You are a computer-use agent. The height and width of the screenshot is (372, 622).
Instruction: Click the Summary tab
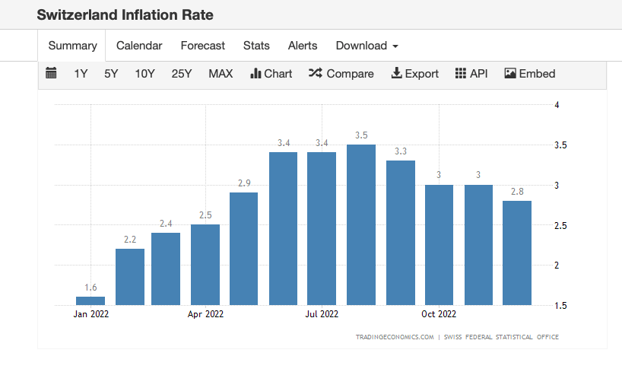point(72,46)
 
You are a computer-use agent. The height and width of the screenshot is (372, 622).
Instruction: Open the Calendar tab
point(139,46)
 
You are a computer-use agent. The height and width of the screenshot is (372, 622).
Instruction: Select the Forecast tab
point(202,46)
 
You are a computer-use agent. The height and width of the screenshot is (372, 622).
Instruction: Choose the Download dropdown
point(367,46)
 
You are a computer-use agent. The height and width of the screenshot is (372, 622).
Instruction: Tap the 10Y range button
point(144,74)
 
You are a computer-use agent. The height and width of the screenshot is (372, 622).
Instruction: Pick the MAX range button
point(221,74)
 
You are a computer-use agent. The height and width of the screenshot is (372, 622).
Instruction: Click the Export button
point(414,74)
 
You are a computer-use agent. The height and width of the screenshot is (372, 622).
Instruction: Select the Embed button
point(530,74)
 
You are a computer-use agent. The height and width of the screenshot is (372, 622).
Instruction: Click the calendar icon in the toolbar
point(52,74)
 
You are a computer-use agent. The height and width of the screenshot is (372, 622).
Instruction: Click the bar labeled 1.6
point(90,300)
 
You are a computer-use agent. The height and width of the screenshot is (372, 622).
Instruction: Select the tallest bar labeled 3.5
point(361,224)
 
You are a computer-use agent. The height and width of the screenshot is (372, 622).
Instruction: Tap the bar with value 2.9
point(243,248)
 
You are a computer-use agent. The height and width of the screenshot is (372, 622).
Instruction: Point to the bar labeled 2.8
point(517,253)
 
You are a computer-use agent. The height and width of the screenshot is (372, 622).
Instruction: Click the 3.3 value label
point(401,151)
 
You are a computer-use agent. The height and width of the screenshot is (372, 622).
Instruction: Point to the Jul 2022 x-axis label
point(322,313)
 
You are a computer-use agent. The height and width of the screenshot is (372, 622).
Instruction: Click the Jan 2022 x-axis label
point(91,313)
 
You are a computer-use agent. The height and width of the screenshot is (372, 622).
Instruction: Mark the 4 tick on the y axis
point(557,105)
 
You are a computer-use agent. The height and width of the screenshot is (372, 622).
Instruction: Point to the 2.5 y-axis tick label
point(561,225)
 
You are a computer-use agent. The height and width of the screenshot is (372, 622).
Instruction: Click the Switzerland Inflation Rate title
point(125,14)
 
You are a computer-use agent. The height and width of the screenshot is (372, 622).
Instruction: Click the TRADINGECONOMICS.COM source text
point(394,336)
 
